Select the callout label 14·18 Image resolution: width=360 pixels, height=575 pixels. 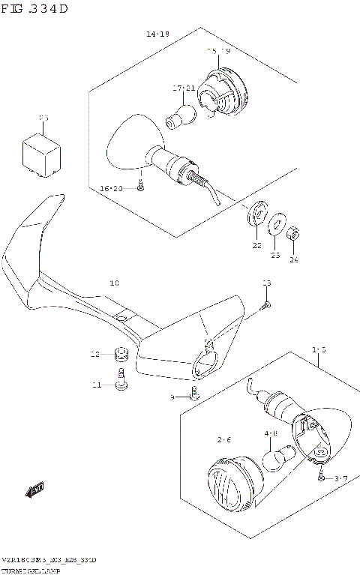click(157, 34)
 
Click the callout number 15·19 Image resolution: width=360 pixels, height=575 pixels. click(219, 51)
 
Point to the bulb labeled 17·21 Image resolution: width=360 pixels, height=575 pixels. click(181, 115)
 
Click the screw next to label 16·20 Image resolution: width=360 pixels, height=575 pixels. click(140, 188)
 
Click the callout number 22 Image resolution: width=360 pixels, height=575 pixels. click(256, 245)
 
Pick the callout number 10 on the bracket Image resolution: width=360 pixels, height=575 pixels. click(114, 283)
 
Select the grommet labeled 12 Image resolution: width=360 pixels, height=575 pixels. click(118, 353)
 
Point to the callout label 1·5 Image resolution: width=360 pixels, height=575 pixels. click(319, 349)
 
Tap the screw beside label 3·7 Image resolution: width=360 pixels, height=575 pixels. click(321, 476)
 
